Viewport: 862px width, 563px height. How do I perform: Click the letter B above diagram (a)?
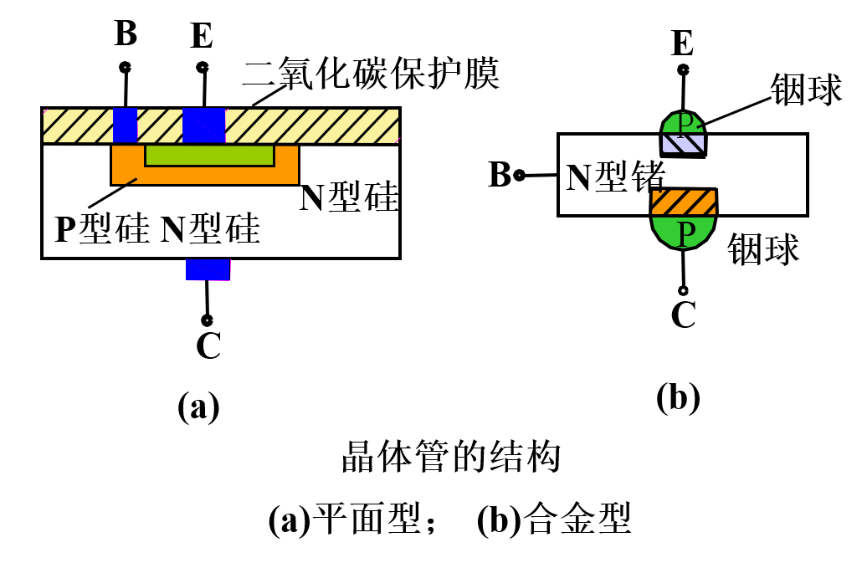pyautogui.click(x=125, y=35)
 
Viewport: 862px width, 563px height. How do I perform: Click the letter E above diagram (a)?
pyautogui.click(x=202, y=37)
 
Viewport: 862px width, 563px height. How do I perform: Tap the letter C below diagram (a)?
pyautogui.click(x=208, y=346)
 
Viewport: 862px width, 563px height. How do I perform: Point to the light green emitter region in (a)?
pyautogui.click(x=209, y=156)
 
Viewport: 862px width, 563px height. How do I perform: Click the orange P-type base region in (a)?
pyautogui.click(x=205, y=175)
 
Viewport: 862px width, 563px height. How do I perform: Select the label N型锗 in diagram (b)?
pyautogui.click(x=615, y=177)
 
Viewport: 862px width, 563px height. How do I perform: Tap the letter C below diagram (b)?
pyautogui.click(x=684, y=315)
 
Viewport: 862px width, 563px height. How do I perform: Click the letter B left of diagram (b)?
pyautogui.click(x=500, y=176)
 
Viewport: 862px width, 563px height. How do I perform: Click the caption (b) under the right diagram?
pyautogui.click(x=678, y=399)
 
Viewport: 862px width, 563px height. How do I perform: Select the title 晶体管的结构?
pyautogui.click(x=449, y=459)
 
